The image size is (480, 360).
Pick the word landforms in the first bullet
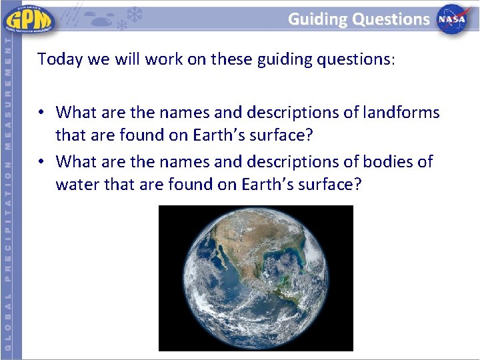[400, 112]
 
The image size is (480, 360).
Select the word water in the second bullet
[77, 184]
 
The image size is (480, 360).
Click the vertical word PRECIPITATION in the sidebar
[7, 226]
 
